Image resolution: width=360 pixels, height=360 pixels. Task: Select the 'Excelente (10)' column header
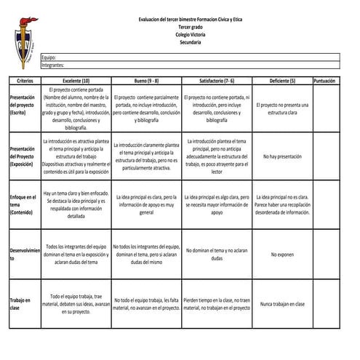(76, 81)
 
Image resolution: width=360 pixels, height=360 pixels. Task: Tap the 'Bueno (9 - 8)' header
(146, 81)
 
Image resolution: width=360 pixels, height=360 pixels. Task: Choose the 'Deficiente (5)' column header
(281, 81)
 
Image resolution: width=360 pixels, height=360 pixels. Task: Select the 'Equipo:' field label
(49, 57)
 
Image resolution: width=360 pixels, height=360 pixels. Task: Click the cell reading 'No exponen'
(281, 255)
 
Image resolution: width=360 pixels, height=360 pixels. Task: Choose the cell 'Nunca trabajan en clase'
(281, 304)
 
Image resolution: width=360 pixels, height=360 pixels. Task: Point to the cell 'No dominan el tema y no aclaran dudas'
(216, 255)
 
